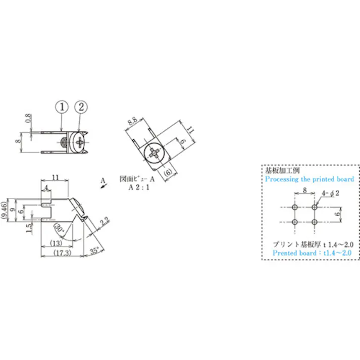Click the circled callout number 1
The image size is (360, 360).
[x=62, y=107]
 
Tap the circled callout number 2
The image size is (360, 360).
[x=81, y=107]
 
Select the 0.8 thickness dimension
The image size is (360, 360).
[x=28, y=120]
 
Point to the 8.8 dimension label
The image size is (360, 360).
[x=132, y=122]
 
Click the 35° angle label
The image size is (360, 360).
[x=95, y=249]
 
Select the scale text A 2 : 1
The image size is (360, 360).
[x=140, y=186]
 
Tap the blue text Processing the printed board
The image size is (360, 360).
[x=309, y=179]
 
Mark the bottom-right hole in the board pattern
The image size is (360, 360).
[x=315, y=222]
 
